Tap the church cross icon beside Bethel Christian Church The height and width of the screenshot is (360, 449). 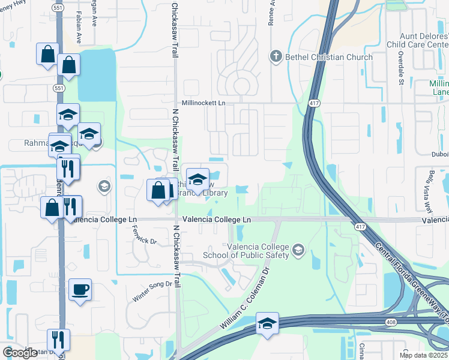click(x=276, y=57)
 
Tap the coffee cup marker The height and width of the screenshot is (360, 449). click(x=80, y=291)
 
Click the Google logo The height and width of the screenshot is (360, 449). click(x=20, y=353)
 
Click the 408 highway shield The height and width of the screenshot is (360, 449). click(x=391, y=322)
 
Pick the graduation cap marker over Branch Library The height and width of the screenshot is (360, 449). click(x=197, y=179)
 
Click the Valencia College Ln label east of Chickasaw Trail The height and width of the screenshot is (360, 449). click(x=217, y=220)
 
